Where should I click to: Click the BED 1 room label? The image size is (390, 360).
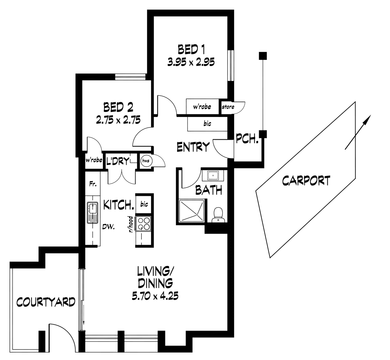click(191, 49)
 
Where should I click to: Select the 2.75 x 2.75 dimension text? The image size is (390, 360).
click(118, 119)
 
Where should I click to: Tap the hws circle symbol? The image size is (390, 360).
click(145, 161)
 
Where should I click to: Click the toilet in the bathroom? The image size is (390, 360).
click(217, 215)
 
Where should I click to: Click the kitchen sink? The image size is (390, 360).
click(92, 212)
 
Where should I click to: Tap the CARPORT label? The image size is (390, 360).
click(306, 180)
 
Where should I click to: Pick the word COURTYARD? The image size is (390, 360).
click(46, 302)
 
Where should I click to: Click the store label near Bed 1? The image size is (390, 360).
click(228, 107)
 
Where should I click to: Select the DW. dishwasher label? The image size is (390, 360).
click(108, 227)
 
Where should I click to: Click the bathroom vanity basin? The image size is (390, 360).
click(213, 176)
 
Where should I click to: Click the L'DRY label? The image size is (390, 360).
click(118, 162)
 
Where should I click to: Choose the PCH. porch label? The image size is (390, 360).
click(248, 139)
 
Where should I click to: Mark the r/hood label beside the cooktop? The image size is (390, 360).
click(131, 224)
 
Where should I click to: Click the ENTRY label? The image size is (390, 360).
click(193, 147)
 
